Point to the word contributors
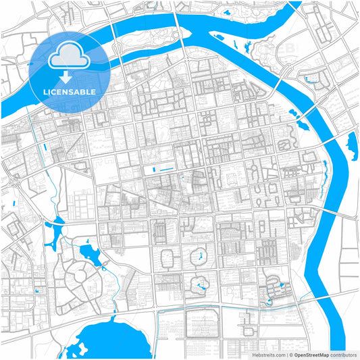(x=343, y=354)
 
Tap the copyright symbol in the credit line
(x=291, y=354)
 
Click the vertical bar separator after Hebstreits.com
(x=286, y=354)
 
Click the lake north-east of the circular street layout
(x=91, y=253)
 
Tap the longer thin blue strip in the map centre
(x=162, y=168)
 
